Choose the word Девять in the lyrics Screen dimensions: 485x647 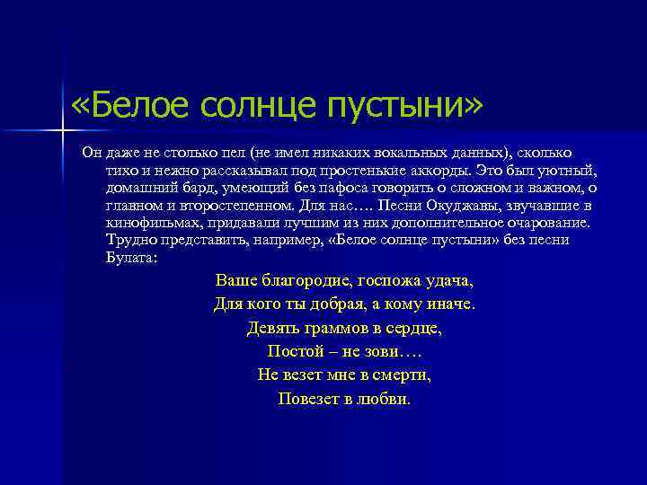271,328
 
